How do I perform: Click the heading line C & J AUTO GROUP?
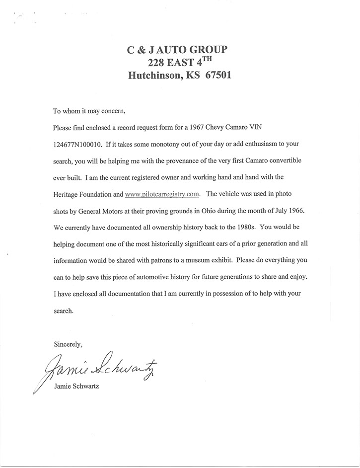[180, 50]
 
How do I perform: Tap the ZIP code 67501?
[216, 77]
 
